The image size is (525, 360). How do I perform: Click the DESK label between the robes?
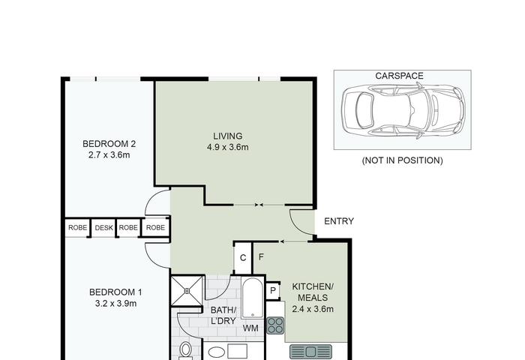tap(103, 228)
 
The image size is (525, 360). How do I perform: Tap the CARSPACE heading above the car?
tap(399, 76)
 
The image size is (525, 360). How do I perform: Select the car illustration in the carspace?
tap(403, 110)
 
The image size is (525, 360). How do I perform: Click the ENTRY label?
tap(339, 221)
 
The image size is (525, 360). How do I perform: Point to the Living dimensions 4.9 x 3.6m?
tap(228, 147)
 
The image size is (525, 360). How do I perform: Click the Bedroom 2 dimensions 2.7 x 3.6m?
tap(109, 155)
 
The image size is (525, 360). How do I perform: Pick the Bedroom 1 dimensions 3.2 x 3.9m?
tap(115, 304)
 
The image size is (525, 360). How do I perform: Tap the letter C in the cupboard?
tap(243, 258)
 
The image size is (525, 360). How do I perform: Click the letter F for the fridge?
tap(261, 256)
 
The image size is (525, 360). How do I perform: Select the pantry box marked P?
tap(273, 291)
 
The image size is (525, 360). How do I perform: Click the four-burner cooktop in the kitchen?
tap(275, 325)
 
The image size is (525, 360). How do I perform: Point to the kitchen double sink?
tap(310, 352)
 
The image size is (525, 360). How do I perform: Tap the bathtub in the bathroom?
tap(253, 298)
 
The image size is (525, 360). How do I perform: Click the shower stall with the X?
tap(187, 291)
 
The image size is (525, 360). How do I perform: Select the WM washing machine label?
tap(250, 328)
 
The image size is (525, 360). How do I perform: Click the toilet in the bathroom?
tap(185, 351)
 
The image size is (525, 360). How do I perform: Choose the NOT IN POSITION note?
tap(402, 160)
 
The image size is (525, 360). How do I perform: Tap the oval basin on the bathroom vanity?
tap(217, 352)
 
